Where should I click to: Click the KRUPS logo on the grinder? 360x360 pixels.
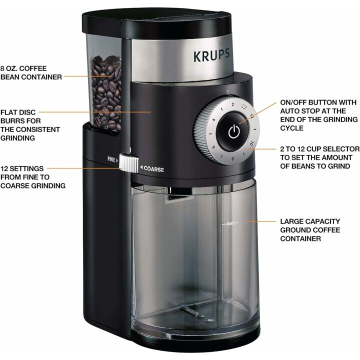coord(212,55)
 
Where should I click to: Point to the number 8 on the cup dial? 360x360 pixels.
coord(232,158)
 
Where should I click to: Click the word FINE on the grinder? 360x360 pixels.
coord(111,159)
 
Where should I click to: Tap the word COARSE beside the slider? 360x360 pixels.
coord(153,169)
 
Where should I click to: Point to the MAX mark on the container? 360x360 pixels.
coord(230,223)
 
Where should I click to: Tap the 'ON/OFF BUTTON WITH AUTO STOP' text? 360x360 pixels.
coord(318,114)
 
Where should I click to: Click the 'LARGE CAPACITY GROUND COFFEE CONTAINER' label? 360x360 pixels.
coord(310,229)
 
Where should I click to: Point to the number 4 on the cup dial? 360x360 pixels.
coord(213,120)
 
